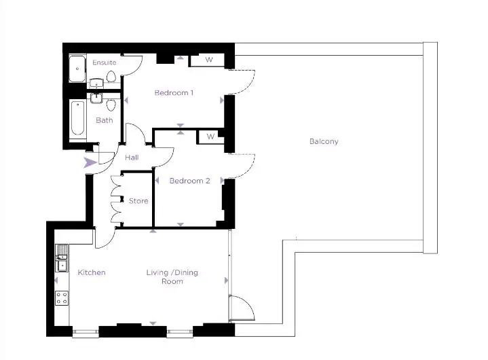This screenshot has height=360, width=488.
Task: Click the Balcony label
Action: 324,141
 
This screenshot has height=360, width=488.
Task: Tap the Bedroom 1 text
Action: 174,92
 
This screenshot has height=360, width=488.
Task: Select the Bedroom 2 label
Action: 189,181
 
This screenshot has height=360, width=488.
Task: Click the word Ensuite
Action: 105,62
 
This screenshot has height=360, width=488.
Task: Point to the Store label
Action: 138,201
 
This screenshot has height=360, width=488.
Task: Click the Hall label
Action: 132,158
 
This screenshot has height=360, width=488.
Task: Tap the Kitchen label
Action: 92,272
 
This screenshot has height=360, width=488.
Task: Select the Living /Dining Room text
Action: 172,276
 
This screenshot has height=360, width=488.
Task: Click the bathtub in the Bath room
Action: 77,118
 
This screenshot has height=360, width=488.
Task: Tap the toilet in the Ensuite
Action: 111,76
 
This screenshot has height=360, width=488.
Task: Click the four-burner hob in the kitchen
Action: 62,298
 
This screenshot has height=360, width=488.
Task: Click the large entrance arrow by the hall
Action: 90,162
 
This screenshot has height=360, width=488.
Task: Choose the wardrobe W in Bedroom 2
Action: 210,137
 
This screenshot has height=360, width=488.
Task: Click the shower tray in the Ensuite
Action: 77,69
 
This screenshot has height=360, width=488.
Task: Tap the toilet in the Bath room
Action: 111,105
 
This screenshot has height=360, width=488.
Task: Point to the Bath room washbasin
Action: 96,98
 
